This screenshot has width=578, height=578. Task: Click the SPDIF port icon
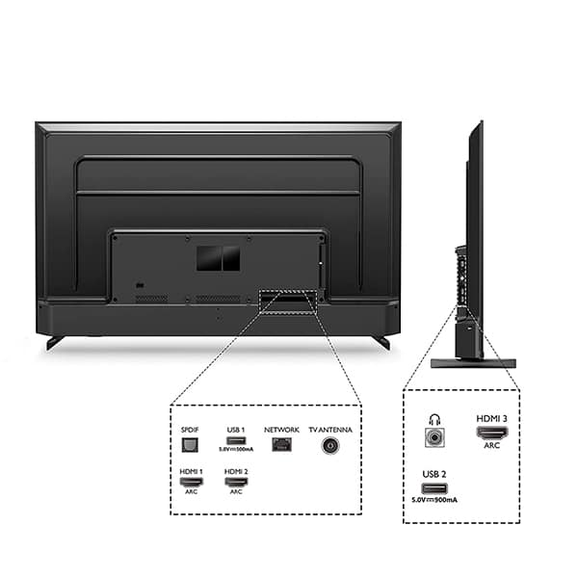(x=190, y=446)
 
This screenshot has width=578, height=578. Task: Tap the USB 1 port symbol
(x=234, y=440)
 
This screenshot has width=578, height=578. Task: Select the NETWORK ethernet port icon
(x=281, y=445)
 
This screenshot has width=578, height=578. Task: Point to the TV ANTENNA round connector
(x=330, y=446)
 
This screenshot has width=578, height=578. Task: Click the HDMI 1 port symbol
(x=190, y=481)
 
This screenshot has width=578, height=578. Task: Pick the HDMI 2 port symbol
(x=236, y=481)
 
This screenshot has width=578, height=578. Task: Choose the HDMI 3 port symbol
(x=491, y=433)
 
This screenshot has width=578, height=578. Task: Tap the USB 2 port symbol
(x=433, y=487)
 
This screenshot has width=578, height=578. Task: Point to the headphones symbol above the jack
(x=433, y=417)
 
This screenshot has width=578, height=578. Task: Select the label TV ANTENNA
(x=330, y=429)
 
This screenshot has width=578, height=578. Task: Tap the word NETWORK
(x=281, y=429)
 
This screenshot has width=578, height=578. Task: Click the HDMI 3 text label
(x=491, y=418)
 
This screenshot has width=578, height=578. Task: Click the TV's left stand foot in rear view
(x=55, y=341)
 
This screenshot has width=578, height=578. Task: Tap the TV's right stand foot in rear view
(x=381, y=341)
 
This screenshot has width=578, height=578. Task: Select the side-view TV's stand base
(x=472, y=363)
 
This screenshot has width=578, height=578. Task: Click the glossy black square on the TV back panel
(x=217, y=257)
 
